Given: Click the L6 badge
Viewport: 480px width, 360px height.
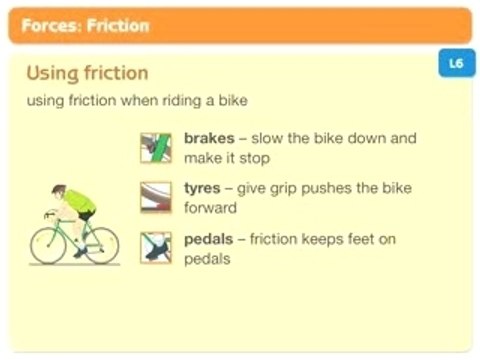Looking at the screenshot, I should pos(456,63).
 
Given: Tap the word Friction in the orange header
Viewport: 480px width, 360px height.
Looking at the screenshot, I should pos(118,26).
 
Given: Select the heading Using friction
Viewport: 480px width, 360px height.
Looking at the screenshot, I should pos(87,73).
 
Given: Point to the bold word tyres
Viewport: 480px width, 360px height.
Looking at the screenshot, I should pos(203,188).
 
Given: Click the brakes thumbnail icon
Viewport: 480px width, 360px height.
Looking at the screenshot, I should pos(156,147).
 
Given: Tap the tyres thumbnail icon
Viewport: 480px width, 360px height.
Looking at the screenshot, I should pos(156,197).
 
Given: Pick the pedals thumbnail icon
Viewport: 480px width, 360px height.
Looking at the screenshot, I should pos(156,247).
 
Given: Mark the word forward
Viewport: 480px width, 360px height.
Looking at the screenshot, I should pos(210,208).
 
